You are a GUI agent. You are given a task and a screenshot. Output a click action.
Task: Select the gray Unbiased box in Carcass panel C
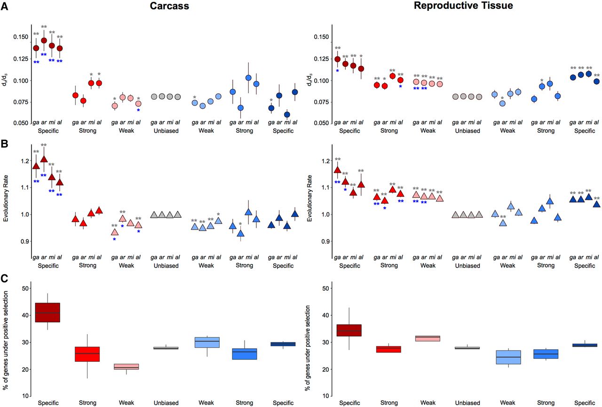coord(166,348)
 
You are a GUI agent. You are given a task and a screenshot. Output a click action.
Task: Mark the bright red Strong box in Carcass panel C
coord(87,354)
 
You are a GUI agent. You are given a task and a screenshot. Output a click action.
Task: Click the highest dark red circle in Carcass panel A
coord(44,40)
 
